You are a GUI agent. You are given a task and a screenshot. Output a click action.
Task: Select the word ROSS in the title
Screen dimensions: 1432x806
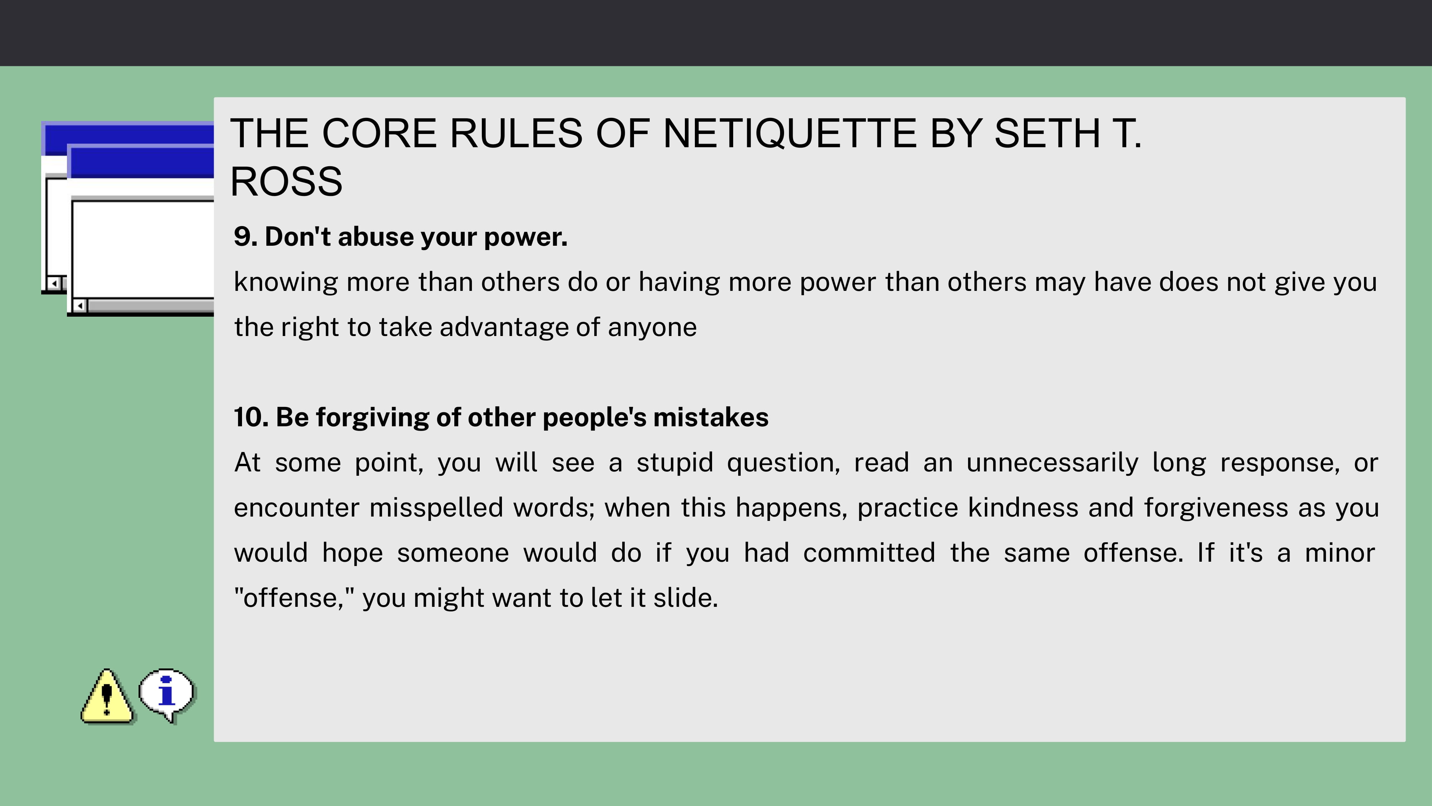pos(286,182)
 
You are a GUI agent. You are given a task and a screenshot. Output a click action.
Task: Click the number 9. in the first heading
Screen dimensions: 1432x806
pos(246,237)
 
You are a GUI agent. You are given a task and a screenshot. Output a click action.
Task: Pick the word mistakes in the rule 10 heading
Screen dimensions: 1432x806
pos(711,417)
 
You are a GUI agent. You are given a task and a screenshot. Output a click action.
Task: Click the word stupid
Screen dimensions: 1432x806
pos(674,463)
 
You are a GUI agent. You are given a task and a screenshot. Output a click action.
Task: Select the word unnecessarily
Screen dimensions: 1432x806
pos(1052,463)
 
